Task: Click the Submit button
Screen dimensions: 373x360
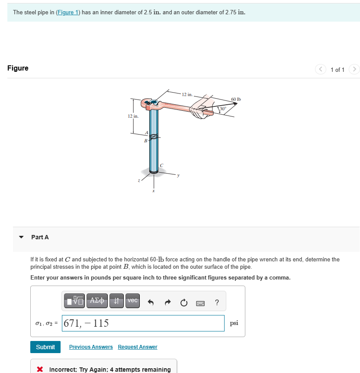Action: pyautogui.click(x=45, y=347)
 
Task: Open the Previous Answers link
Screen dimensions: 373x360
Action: pyautogui.click(x=91, y=347)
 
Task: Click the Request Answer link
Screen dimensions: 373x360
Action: pyautogui.click(x=138, y=347)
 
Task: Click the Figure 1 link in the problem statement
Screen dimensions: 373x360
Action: pyautogui.click(x=67, y=12)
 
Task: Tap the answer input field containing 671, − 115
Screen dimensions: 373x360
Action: pyautogui.click(x=143, y=323)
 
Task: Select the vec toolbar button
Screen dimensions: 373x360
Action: pyautogui.click(x=133, y=301)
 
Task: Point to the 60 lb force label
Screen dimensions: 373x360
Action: pyautogui.click(x=236, y=99)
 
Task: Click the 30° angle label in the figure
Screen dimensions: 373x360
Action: pyautogui.click(x=223, y=108)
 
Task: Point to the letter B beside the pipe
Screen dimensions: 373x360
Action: pyautogui.click(x=146, y=140)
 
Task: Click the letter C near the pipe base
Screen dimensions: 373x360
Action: pyautogui.click(x=161, y=165)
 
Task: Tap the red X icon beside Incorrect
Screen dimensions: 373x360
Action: pyautogui.click(x=40, y=370)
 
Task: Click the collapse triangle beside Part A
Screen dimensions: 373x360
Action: pyautogui.click(x=21, y=237)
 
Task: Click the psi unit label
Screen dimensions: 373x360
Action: pyautogui.click(x=234, y=323)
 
